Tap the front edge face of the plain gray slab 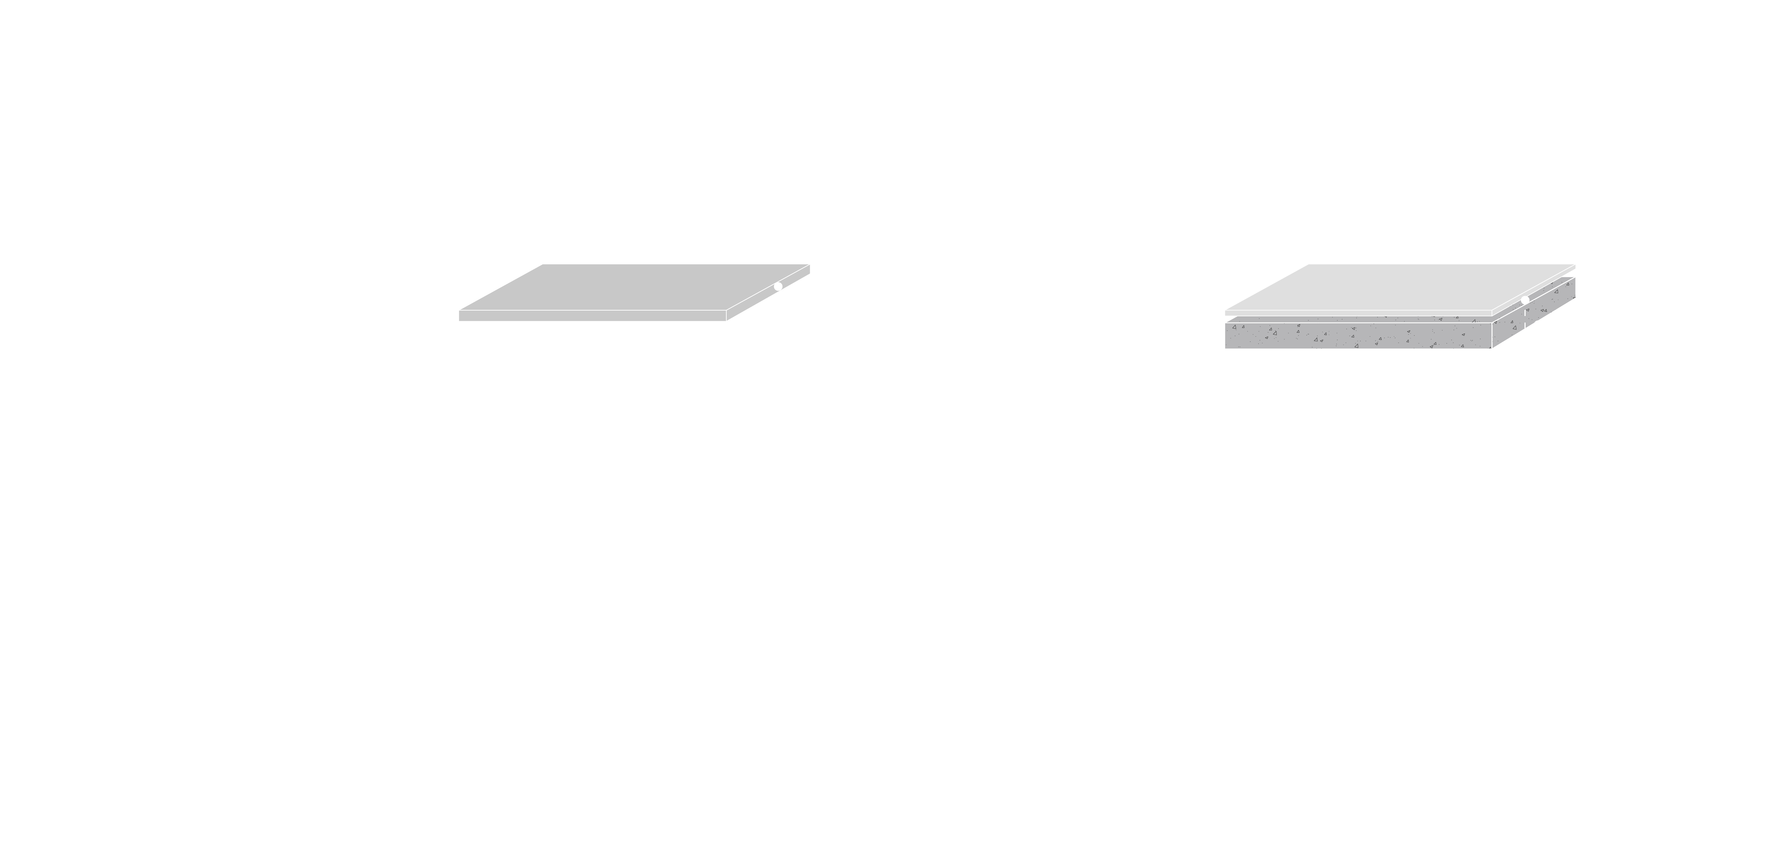[592, 316]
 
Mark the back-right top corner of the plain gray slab [809, 265]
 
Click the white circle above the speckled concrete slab [1525, 300]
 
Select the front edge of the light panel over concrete [1359, 313]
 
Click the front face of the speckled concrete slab [1359, 336]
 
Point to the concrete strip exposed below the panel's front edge [1359, 320]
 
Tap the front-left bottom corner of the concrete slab [1226, 348]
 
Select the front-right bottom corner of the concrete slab [1492, 348]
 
